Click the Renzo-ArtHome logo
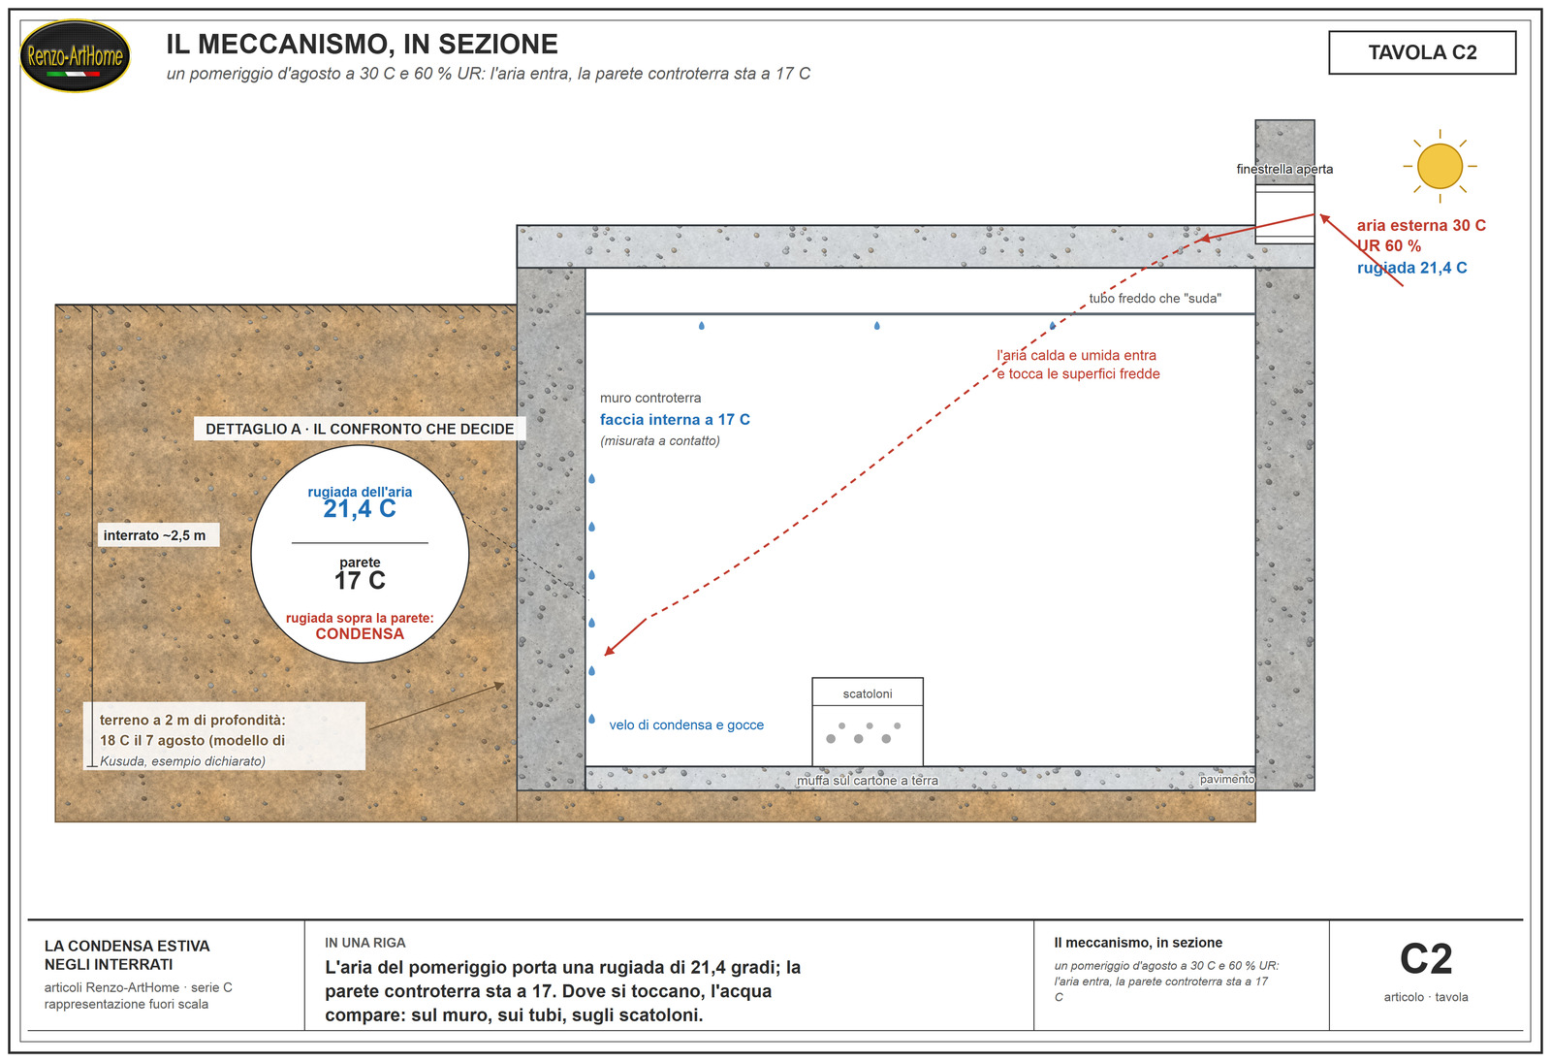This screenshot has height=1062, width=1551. [x=75, y=55]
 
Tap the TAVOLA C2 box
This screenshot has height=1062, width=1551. [x=1421, y=52]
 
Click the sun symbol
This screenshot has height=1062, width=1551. [x=1440, y=166]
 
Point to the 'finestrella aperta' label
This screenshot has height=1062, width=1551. [x=1284, y=169]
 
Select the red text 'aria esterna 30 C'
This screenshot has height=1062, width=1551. [x=1421, y=225]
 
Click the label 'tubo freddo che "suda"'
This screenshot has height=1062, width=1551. [x=1155, y=299]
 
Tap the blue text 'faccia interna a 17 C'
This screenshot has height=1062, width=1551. [x=675, y=420]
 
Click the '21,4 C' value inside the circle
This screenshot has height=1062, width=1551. [x=360, y=509]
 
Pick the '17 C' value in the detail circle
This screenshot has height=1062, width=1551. [x=360, y=581]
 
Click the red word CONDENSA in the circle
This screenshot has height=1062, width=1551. [x=360, y=634]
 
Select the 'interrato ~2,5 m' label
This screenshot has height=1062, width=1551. [x=154, y=535]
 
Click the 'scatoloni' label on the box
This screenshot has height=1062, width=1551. [x=867, y=694]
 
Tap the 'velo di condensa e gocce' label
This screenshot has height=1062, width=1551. [x=686, y=725]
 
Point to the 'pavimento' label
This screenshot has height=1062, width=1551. [x=1227, y=780]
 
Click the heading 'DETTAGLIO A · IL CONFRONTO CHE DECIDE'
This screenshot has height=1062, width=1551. [x=360, y=429]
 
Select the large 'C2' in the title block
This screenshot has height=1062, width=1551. [x=1426, y=959]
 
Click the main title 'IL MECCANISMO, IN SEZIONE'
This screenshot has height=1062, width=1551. [x=362, y=45]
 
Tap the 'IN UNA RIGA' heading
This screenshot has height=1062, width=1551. [x=364, y=943]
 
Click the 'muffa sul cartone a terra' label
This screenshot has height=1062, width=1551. [x=867, y=781]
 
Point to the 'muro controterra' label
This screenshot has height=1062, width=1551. [x=650, y=399]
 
